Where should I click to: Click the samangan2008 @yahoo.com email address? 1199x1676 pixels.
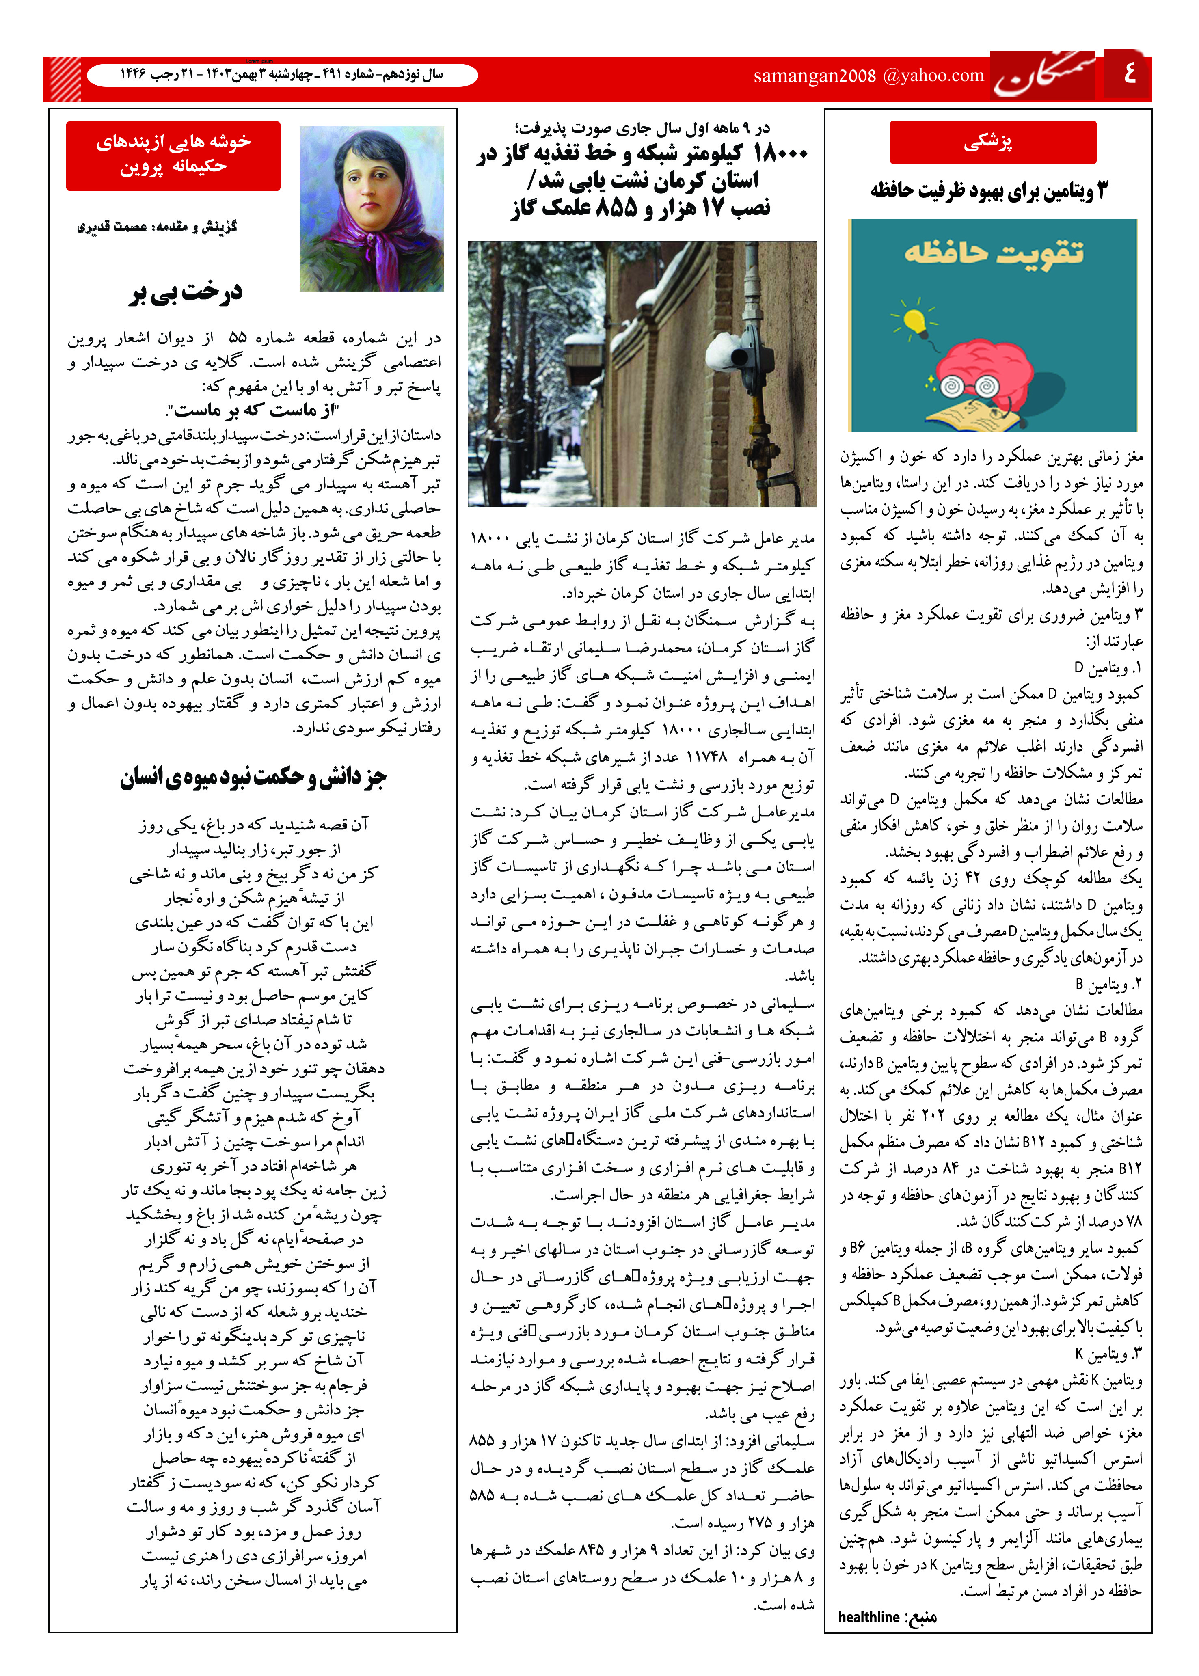868,75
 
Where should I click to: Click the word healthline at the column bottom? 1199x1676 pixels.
868,1616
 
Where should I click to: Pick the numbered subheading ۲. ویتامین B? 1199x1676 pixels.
1108,984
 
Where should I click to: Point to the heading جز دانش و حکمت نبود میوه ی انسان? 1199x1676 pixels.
253,778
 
